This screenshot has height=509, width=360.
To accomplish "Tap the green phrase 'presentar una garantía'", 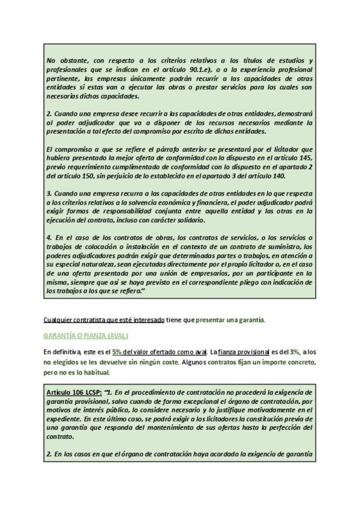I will click(x=230, y=321).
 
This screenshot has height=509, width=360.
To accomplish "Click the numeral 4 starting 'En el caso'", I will click(x=48, y=238).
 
